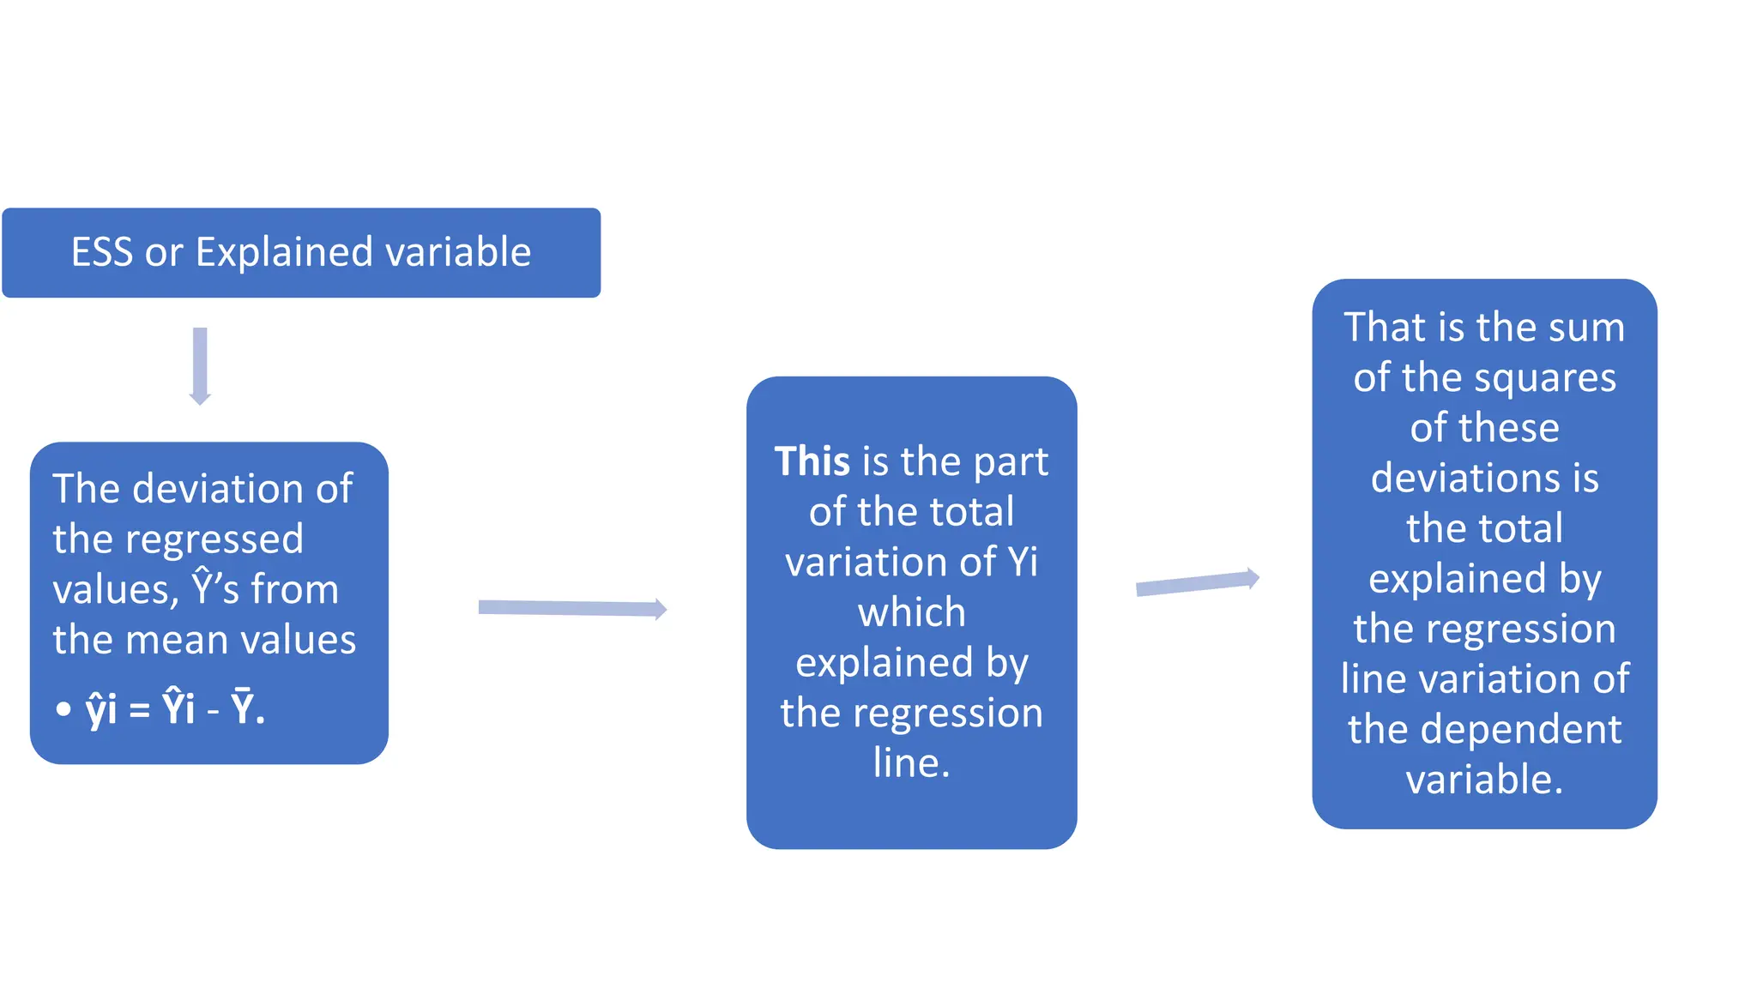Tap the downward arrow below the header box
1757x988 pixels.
(x=200, y=365)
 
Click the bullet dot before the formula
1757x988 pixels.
(x=63, y=709)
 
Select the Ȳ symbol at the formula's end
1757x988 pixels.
(x=243, y=708)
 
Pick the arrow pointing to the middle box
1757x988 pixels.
(x=572, y=608)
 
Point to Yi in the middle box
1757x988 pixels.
(x=1023, y=562)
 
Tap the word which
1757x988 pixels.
(x=911, y=612)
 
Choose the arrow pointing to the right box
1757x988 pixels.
(x=1198, y=582)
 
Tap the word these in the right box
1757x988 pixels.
(x=1510, y=428)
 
